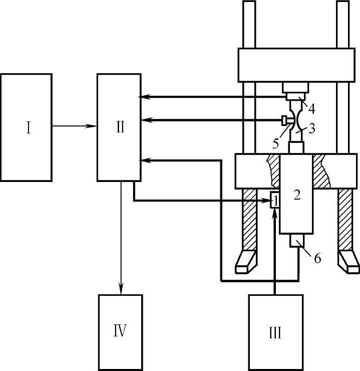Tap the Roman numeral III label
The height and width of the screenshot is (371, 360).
(274, 333)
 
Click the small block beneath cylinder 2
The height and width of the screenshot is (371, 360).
(298, 241)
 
